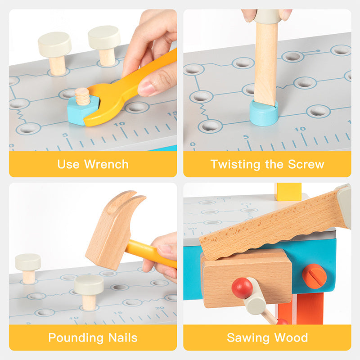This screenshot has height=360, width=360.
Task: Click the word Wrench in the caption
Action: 106,164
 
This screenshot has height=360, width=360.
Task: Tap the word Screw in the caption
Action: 306,164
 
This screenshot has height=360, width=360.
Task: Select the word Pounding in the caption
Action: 76,338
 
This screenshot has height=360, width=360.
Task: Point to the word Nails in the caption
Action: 123,338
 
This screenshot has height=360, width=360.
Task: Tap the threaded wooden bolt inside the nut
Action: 82,96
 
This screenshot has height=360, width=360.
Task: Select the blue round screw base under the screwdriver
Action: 264,113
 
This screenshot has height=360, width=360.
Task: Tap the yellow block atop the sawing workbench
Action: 288,192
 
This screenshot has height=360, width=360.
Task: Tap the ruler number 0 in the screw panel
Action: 193,144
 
